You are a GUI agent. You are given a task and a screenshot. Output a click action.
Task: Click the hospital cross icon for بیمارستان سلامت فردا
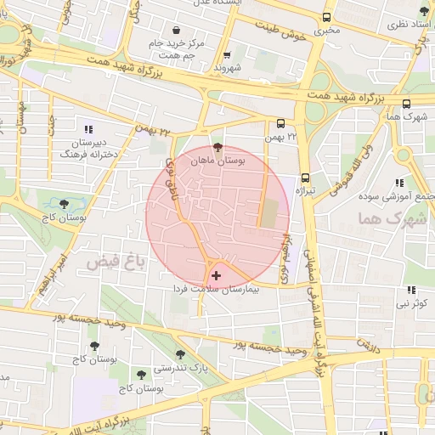pos(217,275)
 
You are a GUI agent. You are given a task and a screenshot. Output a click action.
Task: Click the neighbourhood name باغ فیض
pos(116,264)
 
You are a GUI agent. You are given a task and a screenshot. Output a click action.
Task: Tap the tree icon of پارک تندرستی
pos(179,354)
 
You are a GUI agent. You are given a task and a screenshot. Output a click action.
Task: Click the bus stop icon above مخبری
pos(327,17)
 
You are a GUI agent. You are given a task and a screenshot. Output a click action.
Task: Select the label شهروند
pos(229,66)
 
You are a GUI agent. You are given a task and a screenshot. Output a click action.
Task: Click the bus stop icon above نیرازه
pos(305,178)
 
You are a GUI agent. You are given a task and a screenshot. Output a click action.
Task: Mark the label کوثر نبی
pos(416,303)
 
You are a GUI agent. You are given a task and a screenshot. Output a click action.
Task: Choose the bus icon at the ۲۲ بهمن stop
pos(281,123)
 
